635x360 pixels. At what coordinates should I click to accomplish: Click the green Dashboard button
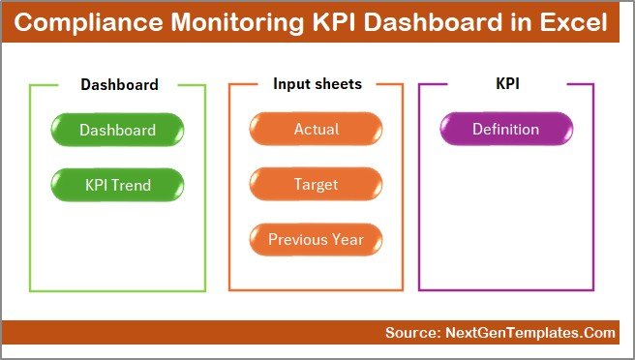[117, 130]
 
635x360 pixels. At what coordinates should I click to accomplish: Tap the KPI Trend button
[117, 184]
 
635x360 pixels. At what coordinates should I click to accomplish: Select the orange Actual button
[316, 130]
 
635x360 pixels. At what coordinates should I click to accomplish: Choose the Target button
[316, 184]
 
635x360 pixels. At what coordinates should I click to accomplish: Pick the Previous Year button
[316, 239]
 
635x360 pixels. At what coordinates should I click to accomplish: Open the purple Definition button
[505, 130]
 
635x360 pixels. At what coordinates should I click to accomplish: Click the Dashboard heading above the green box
[119, 84]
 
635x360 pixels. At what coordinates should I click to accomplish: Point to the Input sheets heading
[317, 84]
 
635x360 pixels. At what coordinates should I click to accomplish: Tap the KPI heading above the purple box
[507, 84]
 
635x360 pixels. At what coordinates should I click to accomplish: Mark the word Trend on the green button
[134, 184]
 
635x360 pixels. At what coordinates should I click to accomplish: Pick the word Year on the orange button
[347, 239]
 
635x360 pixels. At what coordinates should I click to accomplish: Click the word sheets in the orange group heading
[339, 84]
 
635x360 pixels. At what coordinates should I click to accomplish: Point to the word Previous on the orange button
[298, 239]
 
